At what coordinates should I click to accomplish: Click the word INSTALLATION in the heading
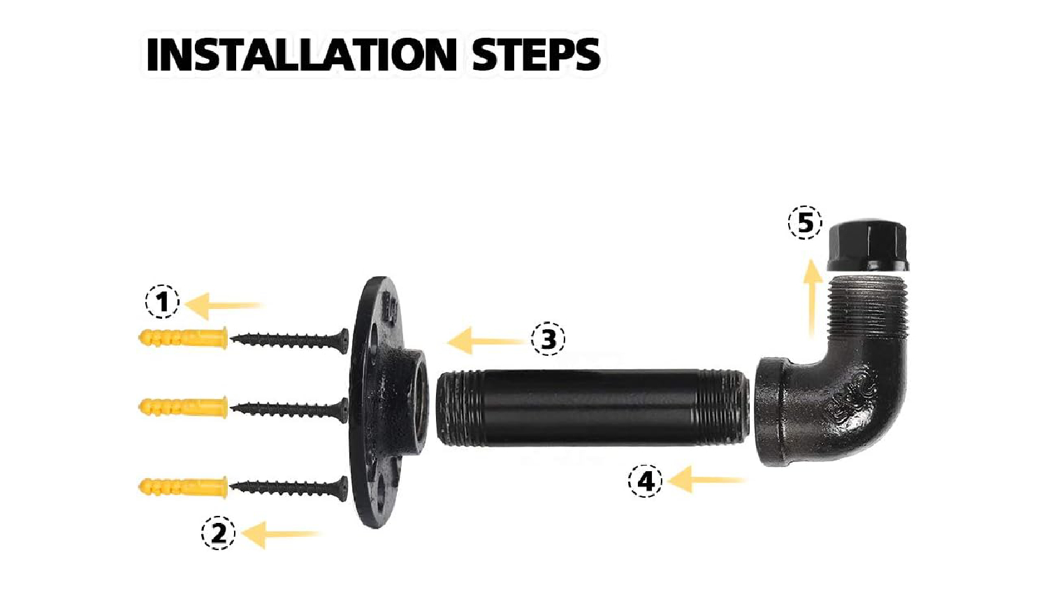pos(302,55)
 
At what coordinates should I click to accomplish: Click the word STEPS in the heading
pos(536,55)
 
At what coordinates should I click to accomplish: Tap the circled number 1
pos(162,301)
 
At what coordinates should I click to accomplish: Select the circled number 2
pos(219,533)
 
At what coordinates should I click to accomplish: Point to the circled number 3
pos(548,338)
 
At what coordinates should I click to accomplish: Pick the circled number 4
pos(645,480)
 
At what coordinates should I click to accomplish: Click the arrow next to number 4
pos(706,480)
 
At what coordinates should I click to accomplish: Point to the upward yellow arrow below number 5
pos(813,298)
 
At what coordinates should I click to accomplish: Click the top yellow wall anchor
pos(183,338)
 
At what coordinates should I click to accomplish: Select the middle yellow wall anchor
pos(183,407)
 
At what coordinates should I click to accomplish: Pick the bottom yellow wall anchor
pos(183,487)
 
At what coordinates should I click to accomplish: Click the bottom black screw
pos(289,489)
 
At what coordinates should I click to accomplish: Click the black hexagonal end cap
pos(868,245)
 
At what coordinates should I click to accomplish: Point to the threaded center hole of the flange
pos(419,401)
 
